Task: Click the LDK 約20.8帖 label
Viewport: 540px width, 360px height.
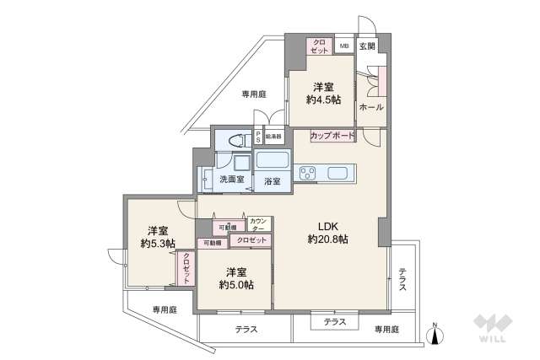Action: point(327,233)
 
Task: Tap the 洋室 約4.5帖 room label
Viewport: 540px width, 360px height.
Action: point(324,93)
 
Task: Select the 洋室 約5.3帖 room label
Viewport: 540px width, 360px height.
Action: point(158,238)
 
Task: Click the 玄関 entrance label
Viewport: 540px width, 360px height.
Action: point(367,47)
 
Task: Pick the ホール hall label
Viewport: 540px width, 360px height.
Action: point(371,108)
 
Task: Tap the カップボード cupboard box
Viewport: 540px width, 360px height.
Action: point(332,135)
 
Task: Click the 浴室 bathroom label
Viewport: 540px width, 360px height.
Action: point(273,180)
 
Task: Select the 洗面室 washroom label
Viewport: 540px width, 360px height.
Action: point(231,180)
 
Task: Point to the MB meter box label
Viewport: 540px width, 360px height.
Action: point(344,47)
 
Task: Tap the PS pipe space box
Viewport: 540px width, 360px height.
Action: point(258,137)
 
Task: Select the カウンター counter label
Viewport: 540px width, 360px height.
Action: point(259,225)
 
